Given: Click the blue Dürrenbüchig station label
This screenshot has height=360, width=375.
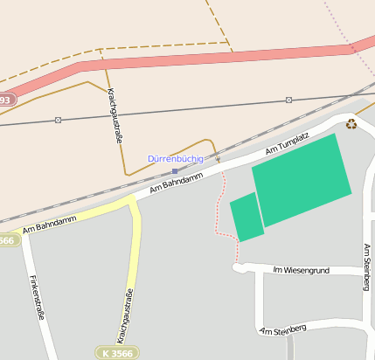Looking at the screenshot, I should pyautogui.click(x=175, y=159).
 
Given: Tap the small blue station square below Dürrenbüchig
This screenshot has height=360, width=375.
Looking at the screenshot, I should pyautogui.click(x=175, y=171).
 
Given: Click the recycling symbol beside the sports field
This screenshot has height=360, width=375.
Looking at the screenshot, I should pyautogui.click(x=351, y=123).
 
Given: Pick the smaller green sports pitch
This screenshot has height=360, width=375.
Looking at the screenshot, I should pyautogui.click(x=247, y=217).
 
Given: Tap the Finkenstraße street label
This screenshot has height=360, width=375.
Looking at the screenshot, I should pyautogui.click(x=38, y=297).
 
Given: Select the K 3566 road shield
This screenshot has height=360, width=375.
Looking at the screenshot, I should pyautogui.click(x=116, y=352).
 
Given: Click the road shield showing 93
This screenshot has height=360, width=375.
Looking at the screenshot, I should pyautogui.click(x=5, y=100).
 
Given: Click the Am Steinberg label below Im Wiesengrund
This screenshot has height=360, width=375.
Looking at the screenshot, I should pyautogui.click(x=283, y=329).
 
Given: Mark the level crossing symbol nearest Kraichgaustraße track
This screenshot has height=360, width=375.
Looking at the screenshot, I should pyautogui.click(x=58, y=120).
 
